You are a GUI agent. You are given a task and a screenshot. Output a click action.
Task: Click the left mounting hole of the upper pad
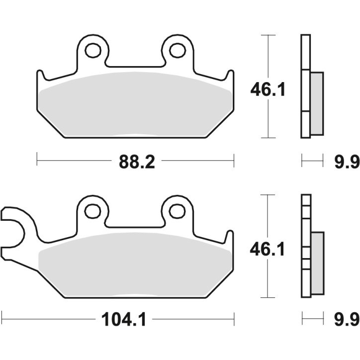(x=92, y=50)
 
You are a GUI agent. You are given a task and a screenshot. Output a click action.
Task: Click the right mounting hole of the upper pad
(x=177, y=50)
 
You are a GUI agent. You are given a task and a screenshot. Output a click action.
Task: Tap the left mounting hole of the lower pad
(x=92, y=211)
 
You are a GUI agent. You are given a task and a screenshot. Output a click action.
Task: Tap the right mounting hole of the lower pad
(x=177, y=211)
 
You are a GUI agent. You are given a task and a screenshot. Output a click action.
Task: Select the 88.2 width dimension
(x=136, y=161)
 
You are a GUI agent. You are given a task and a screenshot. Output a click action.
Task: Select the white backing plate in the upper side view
(x=305, y=87)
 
